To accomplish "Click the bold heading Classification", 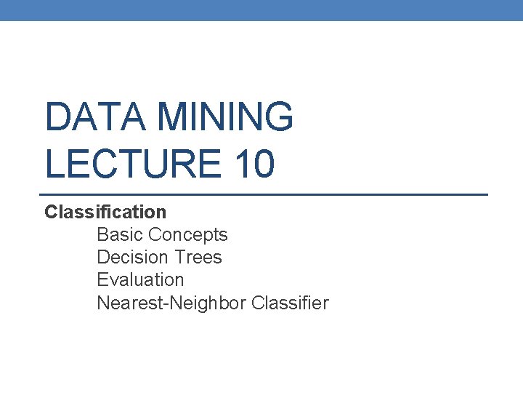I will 105,213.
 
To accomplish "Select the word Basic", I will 119,235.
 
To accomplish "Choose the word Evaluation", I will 140,280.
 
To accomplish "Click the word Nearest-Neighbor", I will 171,303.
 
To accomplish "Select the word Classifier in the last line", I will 290,303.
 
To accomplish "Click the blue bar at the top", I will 261,10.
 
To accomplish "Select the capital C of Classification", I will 50,213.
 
